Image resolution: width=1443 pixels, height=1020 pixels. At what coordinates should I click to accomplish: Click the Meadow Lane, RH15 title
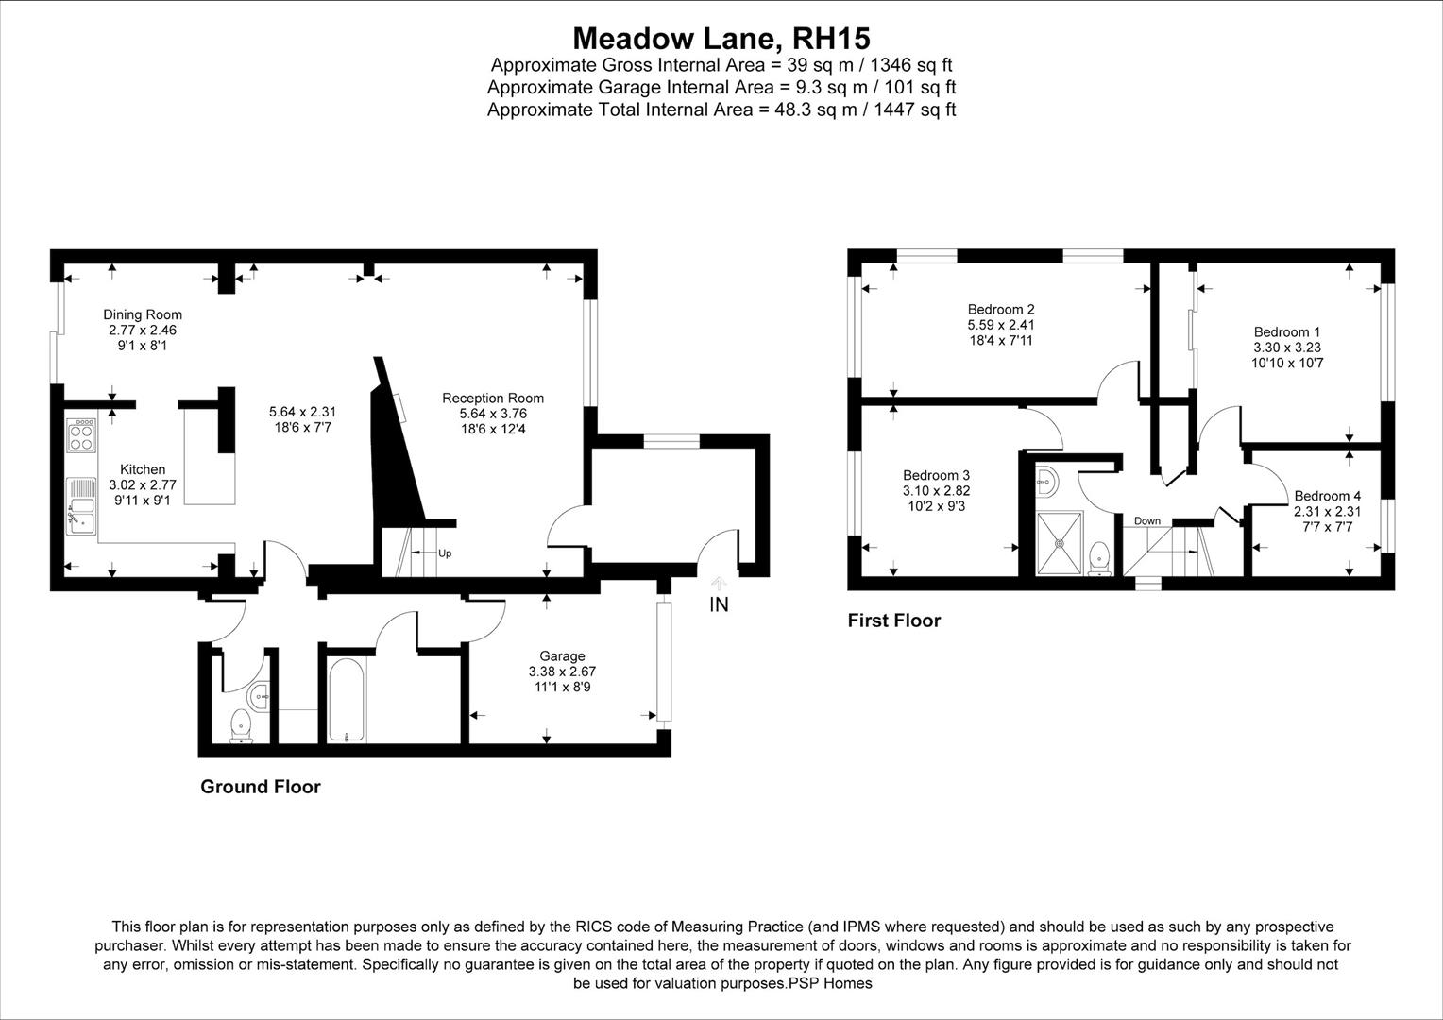coord(721,39)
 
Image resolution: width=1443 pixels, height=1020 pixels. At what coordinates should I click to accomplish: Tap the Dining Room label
coord(143,314)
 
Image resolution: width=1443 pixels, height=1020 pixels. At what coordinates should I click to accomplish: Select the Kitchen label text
coord(143,469)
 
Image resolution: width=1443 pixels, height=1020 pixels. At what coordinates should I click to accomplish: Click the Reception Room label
coord(493,398)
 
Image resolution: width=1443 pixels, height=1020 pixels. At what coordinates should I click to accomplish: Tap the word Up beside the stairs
coord(445,553)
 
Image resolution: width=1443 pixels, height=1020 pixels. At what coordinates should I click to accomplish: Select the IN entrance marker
coord(719,604)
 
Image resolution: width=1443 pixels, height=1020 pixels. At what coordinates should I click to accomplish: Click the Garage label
coord(562,655)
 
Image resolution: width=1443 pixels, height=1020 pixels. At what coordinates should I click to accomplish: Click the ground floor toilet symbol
coord(242,726)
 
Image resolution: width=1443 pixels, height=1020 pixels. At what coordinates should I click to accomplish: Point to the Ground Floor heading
coord(261,787)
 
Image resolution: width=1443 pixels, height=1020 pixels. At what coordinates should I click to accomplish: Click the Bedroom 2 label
coord(1001,309)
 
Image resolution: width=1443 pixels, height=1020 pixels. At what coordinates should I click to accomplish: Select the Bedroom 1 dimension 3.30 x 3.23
coord(1286,347)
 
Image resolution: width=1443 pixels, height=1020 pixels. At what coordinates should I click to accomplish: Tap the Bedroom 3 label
coord(936,475)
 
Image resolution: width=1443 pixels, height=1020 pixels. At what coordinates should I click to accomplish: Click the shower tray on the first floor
coord(1059,542)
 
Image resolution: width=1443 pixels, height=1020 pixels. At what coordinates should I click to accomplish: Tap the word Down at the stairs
coord(1147,521)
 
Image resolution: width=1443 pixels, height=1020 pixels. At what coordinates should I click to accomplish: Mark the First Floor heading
coord(893,620)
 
